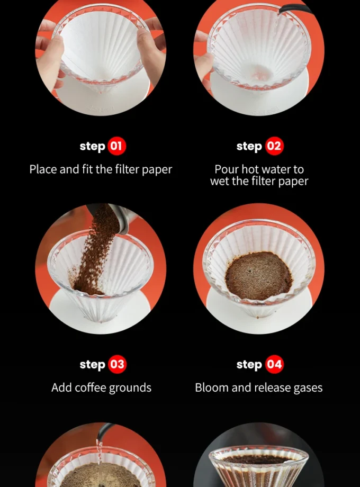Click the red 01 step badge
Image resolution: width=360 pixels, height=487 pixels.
pyautogui.click(x=117, y=146)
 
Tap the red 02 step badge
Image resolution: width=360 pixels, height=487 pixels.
pyautogui.click(x=274, y=146)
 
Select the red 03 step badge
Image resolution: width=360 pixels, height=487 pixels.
pyautogui.click(x=117, y=364)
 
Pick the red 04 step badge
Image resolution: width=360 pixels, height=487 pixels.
pyautogui.click(x=274, y=364)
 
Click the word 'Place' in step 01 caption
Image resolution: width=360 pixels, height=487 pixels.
pyautogui.click(x=43, y=169)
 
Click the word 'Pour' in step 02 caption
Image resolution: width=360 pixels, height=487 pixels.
pyautogui.click(x=227, y=169)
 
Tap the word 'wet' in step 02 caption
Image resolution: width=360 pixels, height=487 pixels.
pyautogui.click(x=219, y=181)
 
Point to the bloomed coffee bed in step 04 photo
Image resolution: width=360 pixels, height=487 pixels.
pyautogui.click(x=258, y=275)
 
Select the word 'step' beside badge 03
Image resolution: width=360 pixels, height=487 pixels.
pyautogui.click(x=93, y=365)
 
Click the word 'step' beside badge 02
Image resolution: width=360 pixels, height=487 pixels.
pyautogui.click(x=249, y=146)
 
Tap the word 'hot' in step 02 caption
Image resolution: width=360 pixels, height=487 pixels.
pyautogui.click(x=250, y=169)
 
